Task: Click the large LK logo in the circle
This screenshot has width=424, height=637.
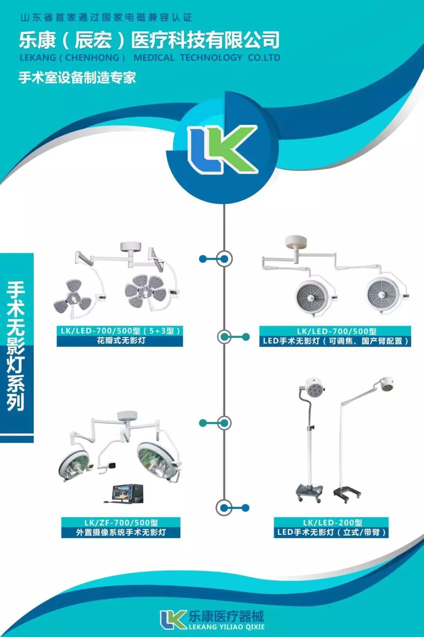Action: (x=223, y=149)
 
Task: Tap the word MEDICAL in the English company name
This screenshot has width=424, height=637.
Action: (x=154, y=58)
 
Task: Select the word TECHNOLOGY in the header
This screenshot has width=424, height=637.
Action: (x=211, y=58)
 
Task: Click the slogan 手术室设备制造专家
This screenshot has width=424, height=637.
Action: (x=77, y=77)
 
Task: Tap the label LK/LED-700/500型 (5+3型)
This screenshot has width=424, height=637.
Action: (x=120, y=331)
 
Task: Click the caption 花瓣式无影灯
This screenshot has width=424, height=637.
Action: (x=121, y=341)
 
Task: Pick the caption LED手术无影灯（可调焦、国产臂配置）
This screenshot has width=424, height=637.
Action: (x=335, y=341)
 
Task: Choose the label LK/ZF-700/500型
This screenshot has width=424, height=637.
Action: (x=121, y=523)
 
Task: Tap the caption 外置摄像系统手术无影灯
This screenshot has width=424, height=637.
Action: (x=121, y=532)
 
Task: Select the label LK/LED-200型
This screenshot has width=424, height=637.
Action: (x=332, y=523)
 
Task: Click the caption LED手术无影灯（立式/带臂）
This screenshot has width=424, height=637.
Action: (x=331, y=532)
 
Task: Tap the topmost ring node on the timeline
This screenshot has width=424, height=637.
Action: (x=225, y=259)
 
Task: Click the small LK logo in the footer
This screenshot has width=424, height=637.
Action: (x=173, y=620)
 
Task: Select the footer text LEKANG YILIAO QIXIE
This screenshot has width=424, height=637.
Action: (x=227, y=627)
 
